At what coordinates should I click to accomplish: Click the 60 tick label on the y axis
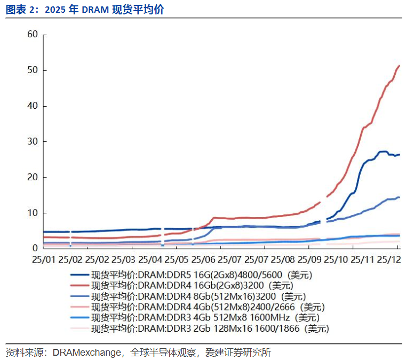tap(33, 35)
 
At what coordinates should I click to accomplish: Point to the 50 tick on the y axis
tap(33, 70)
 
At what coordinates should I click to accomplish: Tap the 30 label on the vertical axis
tap(33, 141)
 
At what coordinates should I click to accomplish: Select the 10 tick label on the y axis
tap(33, 213)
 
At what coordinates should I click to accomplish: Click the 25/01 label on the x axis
tap(43, 260)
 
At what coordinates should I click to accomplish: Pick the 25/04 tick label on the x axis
tap(150, 260)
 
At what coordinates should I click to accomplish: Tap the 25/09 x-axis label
tap(309, 260)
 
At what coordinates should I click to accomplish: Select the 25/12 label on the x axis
tap(388, 260)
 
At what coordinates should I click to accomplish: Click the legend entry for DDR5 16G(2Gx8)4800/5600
tap(201, 275)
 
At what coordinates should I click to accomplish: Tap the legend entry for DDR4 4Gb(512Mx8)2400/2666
tap(208, 307)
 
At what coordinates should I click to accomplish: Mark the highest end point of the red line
tap(400, 66)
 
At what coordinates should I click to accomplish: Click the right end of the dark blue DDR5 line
tap(400, 155)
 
